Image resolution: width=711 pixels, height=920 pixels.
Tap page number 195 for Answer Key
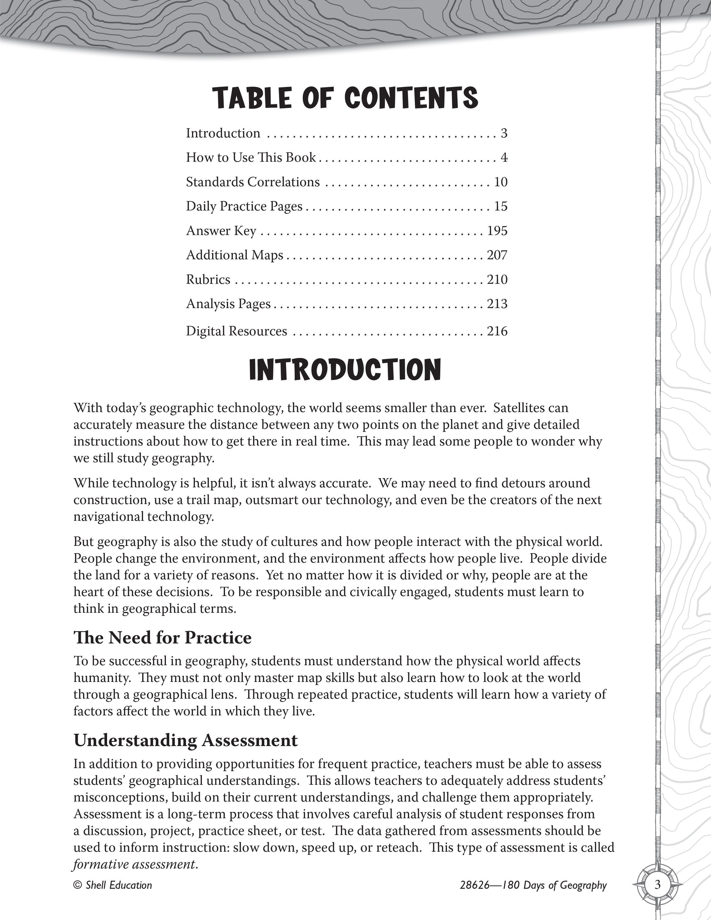coord(497,231)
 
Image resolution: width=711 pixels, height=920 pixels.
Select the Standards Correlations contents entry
coord(253,182)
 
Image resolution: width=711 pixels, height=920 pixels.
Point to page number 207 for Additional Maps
coord(497,255)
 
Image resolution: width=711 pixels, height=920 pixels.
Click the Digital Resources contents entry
coord(236,331)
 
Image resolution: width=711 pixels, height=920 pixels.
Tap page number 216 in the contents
coord(497,331)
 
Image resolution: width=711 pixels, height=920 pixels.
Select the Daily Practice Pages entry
coord(244,206)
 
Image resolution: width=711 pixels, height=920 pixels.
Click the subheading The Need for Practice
coord(162,638)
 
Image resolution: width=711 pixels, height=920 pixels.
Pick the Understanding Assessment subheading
coord(185,740)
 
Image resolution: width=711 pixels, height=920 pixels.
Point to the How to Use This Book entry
coord(251,158)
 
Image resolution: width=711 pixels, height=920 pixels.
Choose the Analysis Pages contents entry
coord(228,304)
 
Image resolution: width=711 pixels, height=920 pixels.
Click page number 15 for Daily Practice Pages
coord(501,206)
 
